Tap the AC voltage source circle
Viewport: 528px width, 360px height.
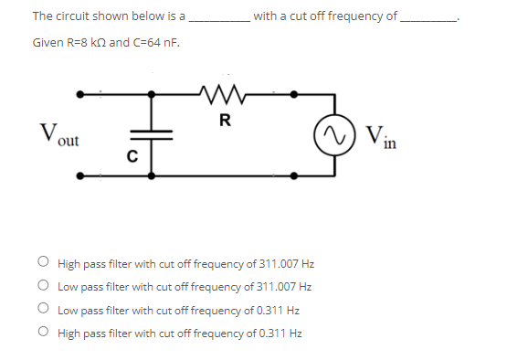click(x=332, y=134)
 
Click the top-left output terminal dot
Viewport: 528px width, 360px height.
click(x=79, y=93)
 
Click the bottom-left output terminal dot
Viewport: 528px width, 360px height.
click(x=79, y=175)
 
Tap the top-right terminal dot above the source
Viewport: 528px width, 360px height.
click(x=293, y=93)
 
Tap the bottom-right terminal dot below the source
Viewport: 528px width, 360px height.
click(x=293, y=175)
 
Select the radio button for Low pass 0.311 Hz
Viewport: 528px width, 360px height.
click(x=44, y=310)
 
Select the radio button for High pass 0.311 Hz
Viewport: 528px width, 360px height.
click(x=44, y=333)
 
